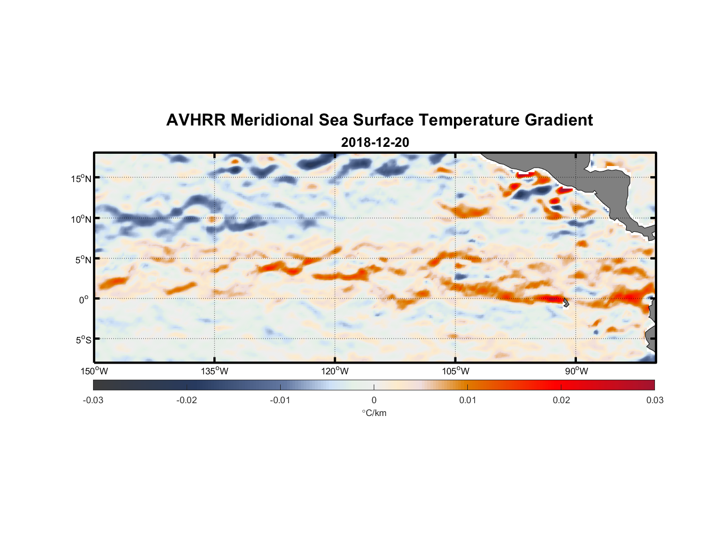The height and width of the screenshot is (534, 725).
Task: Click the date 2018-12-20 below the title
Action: point(375,143)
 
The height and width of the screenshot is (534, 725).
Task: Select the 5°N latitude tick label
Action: point(83,260)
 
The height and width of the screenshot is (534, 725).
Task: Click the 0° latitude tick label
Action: point(84,300)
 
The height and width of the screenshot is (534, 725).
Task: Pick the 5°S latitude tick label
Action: point(83,340)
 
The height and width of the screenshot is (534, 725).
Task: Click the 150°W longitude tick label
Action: point(95,371)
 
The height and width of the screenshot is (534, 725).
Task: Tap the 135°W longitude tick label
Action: point(215,371)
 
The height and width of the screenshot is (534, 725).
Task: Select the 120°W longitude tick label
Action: point(335,371)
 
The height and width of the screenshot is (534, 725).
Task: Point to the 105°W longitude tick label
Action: point(456,371)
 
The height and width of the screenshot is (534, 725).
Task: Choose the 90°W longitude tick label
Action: point(576,371)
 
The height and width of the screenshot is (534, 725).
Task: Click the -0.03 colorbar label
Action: point(93,400)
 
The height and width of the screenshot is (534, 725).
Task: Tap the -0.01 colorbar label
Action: point(280,400)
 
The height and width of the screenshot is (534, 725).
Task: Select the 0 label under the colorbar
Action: point(374,400)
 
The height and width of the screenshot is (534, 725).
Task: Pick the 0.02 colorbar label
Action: point(561,400)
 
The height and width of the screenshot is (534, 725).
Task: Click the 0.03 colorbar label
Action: point(654,400)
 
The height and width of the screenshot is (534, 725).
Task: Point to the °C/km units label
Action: point(374,413)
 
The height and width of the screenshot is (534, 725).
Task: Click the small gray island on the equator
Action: point(566,303)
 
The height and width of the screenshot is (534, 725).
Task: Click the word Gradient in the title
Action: point(559,120)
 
